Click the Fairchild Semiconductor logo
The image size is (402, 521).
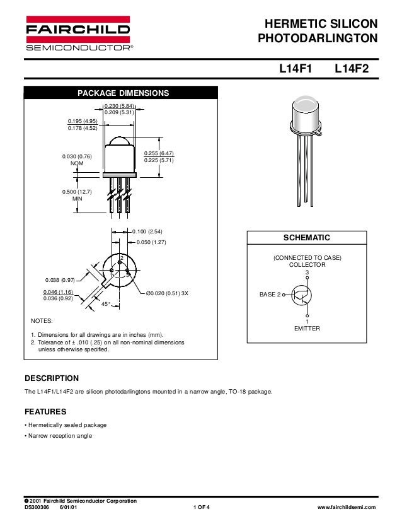pos(78,33)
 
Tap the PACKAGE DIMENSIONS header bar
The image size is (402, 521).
pos(123,93)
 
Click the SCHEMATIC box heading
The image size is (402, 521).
pos(307,238)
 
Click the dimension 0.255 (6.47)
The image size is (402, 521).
pos(159,153)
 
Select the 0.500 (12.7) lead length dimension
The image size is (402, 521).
pos(78,192)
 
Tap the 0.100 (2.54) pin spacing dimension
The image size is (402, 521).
pos(147,231)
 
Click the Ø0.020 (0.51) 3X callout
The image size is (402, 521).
pos(168,293)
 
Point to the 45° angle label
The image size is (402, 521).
pos(106,305)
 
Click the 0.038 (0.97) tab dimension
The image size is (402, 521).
pos(60,279)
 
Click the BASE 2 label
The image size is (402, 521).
pos(270,294)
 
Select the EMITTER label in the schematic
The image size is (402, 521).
pos(307,329)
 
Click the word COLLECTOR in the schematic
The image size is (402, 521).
pos(307,265)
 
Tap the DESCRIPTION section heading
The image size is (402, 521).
pos(52,378)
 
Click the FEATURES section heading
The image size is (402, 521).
pos(45,412)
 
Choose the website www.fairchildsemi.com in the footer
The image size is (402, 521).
pos(348,507)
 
